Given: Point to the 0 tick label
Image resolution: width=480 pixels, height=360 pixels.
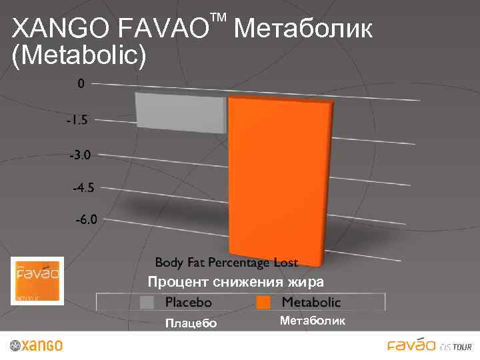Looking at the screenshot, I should click(x=81, y=84).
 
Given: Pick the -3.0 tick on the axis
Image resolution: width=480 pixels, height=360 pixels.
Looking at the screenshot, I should click(x=83, y=155).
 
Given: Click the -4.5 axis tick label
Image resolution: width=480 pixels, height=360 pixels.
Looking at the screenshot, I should click(x=83, y=188).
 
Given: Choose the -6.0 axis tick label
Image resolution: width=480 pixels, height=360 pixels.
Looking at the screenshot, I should click(x=85, y=219).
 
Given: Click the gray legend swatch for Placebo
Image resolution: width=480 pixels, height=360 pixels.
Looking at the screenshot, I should click(x=147, y=302).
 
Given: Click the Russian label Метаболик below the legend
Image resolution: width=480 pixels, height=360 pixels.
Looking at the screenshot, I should click(x=313, y=321).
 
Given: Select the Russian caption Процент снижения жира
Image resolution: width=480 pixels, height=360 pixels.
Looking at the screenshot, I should click(x=236, y=281).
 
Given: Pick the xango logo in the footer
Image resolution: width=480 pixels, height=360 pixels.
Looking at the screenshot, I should click(x=37, y=345).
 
